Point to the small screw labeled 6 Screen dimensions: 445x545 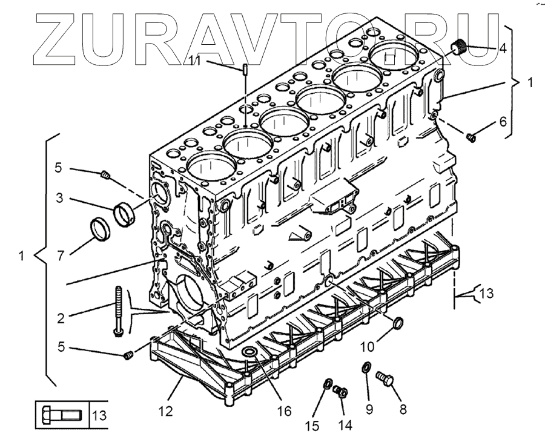[472, 138]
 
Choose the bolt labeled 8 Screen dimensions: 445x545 [385, 378]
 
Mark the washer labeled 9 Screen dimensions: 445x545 [366, 367]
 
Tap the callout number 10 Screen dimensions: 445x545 [368, 348]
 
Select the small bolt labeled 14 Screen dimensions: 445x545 [340, 392]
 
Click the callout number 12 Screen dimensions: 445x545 [166, 411]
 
